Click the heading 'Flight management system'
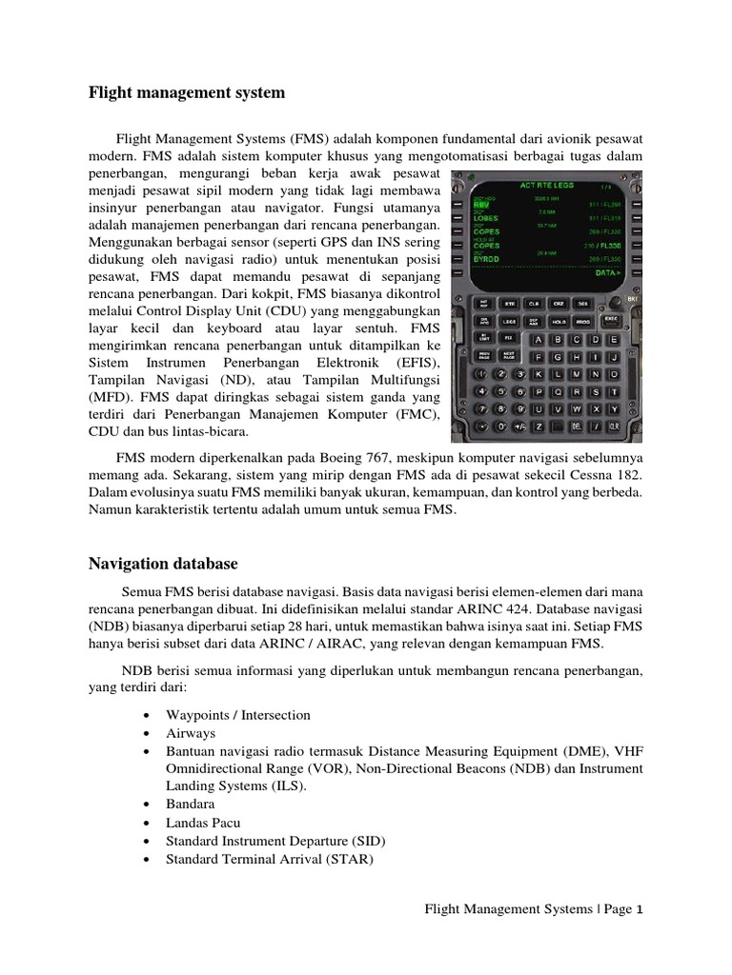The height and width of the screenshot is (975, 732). point(187,93)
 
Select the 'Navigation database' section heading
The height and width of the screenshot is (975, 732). point(163,564)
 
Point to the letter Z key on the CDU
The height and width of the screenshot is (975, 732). point(539,426)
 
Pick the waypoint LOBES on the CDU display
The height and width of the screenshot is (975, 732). point(487,217)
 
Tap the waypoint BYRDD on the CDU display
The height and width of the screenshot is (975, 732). point(488,258)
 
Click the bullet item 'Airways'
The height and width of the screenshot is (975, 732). point(191,733)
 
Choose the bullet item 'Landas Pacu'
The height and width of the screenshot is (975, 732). point(203,822)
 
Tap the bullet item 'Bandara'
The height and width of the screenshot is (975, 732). point(192,804)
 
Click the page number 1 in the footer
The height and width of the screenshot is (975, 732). point(640,909)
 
